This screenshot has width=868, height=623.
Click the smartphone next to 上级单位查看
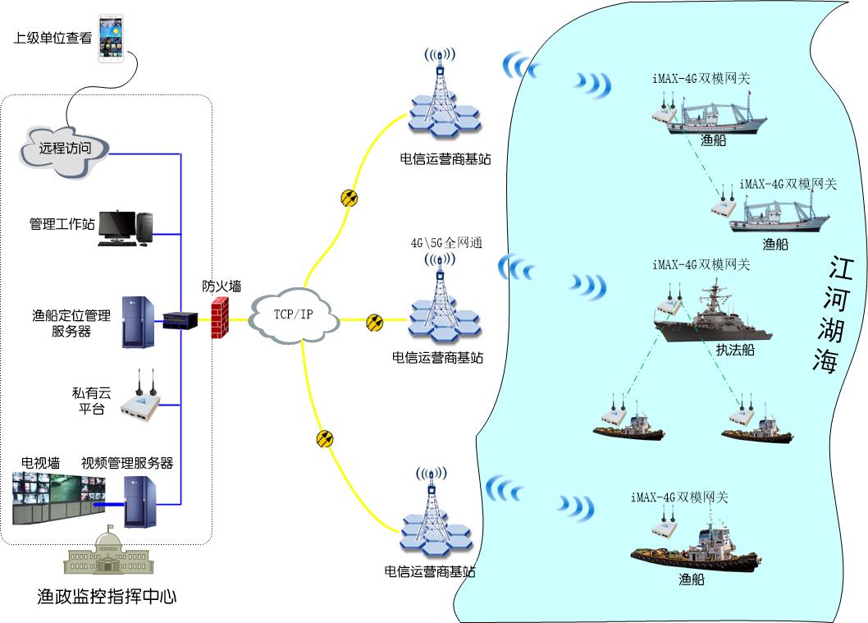pyautogui.click(x=115, y=39)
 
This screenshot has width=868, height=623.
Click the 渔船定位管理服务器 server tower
pyautogui.click(x=138, y=322)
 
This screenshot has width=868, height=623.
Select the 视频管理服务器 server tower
pyautogui.click(x=139, y=501)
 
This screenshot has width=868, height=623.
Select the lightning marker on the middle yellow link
pyautogui.click(x=374, y=322)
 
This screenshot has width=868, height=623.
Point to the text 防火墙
pyautogui.click(x=222, y=286)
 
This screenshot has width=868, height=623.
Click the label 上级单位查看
pyautogui.click(x=53, y=38)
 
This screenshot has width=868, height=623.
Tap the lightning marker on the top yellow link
pyautogui.click(x=349, y=198)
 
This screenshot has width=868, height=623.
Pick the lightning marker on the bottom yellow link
pyautogui.click(x=325, y=438)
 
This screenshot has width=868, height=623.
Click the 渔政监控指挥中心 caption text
pyautogui.click(x=107, y=596)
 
